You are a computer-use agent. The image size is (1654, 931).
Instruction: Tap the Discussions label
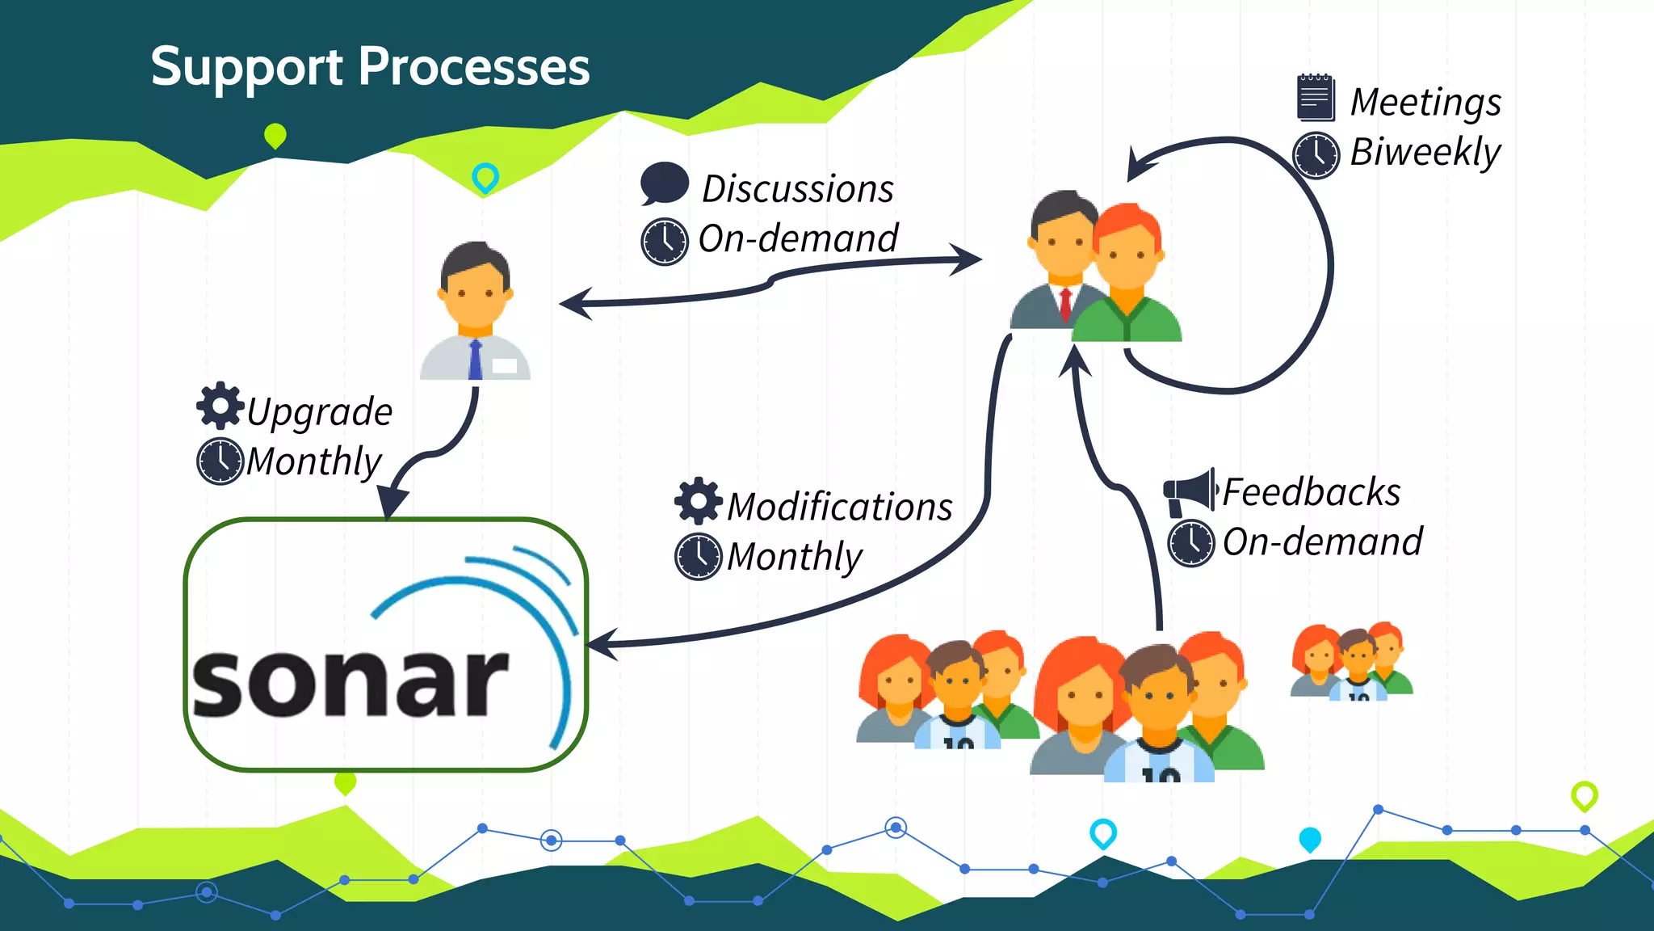797,189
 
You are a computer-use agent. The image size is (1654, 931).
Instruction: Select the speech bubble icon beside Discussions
664,183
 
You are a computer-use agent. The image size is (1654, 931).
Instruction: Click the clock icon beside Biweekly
1316,154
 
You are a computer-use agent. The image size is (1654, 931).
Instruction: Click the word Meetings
1425,103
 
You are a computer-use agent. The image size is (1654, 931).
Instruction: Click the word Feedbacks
1311,492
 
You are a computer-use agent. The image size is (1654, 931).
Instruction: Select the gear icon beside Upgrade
220,406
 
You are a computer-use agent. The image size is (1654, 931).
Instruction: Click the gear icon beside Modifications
698,501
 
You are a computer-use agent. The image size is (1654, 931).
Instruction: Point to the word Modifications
839,507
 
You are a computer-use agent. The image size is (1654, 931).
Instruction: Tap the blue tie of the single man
475,360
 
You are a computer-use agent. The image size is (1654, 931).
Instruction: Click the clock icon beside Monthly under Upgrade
220,461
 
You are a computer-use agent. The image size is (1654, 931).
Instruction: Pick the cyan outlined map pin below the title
485,177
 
